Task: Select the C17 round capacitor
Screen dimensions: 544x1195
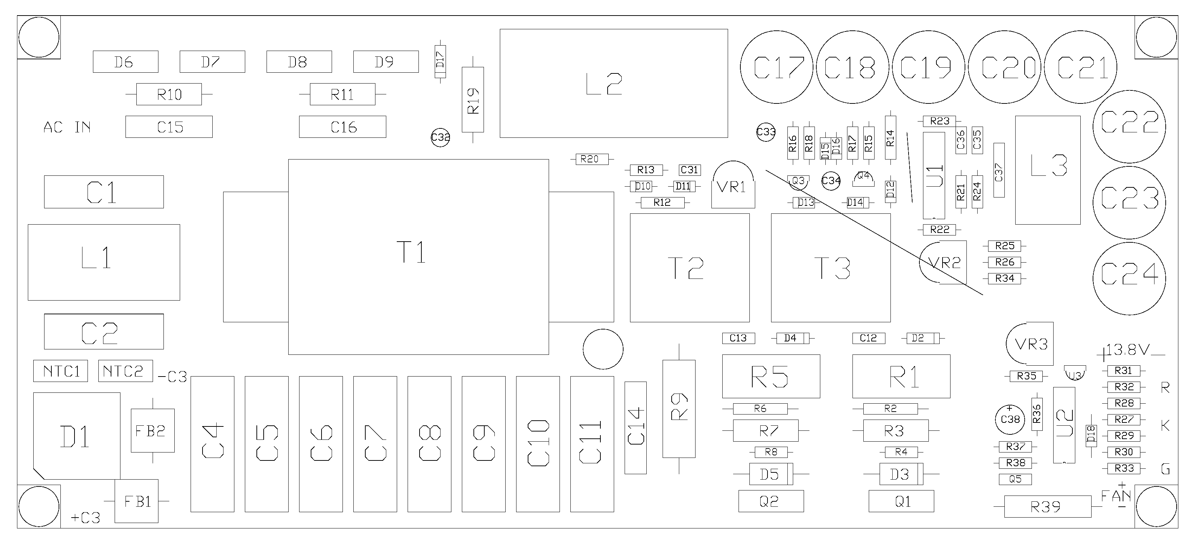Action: pos(777,67)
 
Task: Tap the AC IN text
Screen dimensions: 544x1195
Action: pos(67,127)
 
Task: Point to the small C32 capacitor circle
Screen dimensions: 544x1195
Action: pos(440,137)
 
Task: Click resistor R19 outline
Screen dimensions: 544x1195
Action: pos(473,100)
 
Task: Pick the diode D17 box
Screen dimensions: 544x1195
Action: pos(440,61)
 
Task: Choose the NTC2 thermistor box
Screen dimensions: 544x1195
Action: pos(125,371)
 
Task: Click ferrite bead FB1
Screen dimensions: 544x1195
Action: pos(136,501)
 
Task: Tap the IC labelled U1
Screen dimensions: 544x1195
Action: pos(934,175)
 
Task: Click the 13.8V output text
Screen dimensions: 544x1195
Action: pos(1127,350)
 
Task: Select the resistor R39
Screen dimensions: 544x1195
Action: pos(1047,506)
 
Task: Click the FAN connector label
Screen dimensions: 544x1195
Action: pos(1116,496)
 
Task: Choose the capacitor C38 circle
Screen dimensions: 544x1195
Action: pos(1010,419)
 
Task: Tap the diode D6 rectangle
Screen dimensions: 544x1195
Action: pos(125,62)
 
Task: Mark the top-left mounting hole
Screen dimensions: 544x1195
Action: pos(39,38)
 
